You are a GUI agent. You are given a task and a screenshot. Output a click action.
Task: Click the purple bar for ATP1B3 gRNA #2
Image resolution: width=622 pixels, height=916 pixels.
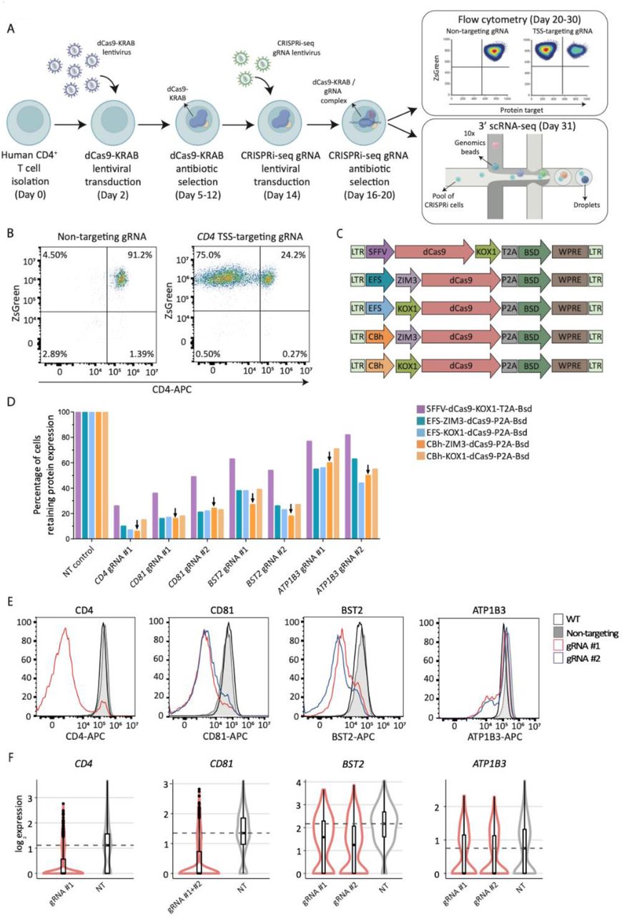pos(347,487)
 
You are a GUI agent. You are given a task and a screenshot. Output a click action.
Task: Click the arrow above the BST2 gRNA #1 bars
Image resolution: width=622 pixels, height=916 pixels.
pos(252,497)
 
